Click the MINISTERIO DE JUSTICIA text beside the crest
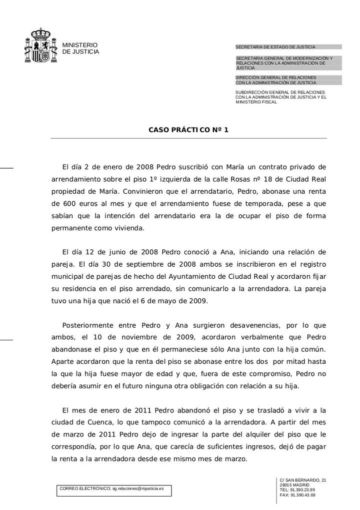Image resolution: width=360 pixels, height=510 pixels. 80,49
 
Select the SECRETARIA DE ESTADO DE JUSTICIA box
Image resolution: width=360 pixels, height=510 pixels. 288,47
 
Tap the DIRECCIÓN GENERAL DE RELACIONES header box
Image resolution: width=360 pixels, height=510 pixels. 288,80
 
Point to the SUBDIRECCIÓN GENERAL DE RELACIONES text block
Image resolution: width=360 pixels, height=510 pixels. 280,97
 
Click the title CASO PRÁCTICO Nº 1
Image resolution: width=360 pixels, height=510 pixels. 188,130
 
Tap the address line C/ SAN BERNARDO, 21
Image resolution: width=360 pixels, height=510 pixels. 303,480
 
